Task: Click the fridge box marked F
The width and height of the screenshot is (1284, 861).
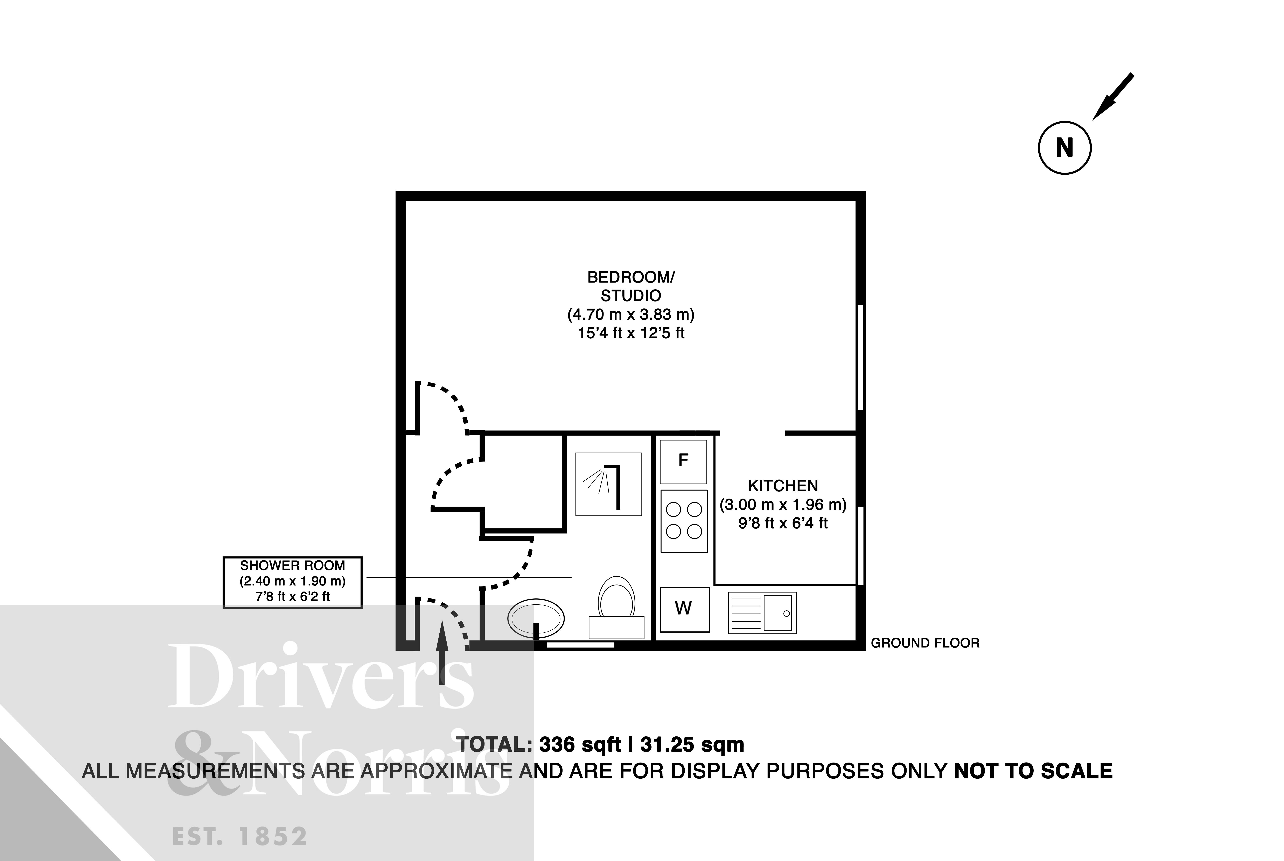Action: [x=683, y=461]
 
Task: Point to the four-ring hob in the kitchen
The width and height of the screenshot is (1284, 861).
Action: [x=683, y=521]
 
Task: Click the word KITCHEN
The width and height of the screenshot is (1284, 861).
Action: [x=783, y=486]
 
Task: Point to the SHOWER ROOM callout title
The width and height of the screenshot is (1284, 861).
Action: [x=293, y=565]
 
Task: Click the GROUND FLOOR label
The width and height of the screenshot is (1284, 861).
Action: [x=925, y=643]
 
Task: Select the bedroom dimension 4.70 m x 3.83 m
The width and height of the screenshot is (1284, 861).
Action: [x=631, y=315]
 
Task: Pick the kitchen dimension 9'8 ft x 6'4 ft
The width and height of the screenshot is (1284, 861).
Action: [x=783, y=523]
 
